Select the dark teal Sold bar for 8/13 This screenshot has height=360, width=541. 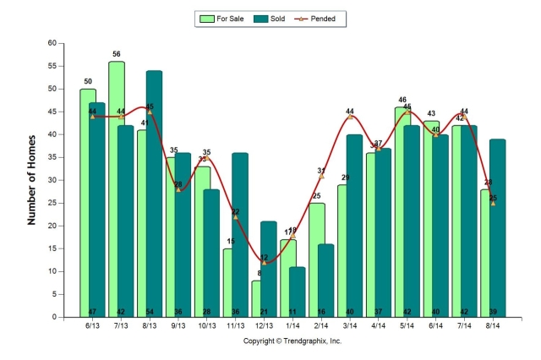pos(154,194)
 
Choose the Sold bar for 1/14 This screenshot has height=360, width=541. pos(298,292)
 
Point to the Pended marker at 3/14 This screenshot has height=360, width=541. pos(350,117)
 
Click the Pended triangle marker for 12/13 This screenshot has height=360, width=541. pos(264,263)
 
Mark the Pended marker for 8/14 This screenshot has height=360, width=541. pos(493,203)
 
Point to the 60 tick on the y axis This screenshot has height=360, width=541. pos(52,43)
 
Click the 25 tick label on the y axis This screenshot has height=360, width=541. pos(52,203)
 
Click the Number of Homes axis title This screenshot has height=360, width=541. pos(33,180)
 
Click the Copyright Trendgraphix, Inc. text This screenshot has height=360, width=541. pos(292,341)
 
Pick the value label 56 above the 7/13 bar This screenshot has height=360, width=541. pos(116,53)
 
